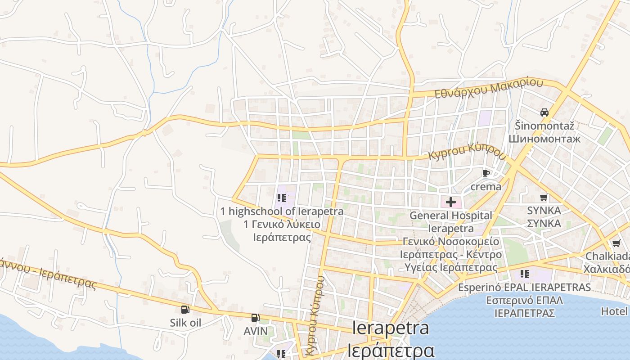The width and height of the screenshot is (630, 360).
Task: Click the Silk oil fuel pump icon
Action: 185,310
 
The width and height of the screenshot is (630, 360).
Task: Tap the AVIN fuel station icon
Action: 256,318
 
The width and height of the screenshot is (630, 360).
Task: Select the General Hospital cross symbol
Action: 450,202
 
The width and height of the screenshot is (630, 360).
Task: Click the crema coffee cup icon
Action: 486,173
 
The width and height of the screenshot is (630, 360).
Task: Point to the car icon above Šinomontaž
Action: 544,112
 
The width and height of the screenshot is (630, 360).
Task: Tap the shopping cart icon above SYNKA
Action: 544,198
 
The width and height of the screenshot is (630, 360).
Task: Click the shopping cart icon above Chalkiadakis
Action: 616,243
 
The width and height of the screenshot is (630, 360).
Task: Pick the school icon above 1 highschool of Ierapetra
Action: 282,198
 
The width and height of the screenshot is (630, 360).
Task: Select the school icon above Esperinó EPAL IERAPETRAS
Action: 524,274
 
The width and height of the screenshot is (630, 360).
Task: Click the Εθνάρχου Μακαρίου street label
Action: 489,89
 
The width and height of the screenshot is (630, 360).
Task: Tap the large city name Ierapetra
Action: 391,328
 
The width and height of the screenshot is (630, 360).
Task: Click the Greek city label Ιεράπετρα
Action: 391,350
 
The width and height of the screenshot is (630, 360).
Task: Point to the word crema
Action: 486,186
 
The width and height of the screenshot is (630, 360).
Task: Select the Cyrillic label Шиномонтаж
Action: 544,139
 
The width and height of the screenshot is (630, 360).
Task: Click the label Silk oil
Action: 185,323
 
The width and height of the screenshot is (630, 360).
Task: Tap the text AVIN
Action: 256,331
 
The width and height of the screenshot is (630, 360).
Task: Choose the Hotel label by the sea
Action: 614,311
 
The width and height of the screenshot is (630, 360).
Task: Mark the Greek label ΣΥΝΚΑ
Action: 544,223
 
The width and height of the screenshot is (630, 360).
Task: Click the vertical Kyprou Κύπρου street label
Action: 315,315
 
